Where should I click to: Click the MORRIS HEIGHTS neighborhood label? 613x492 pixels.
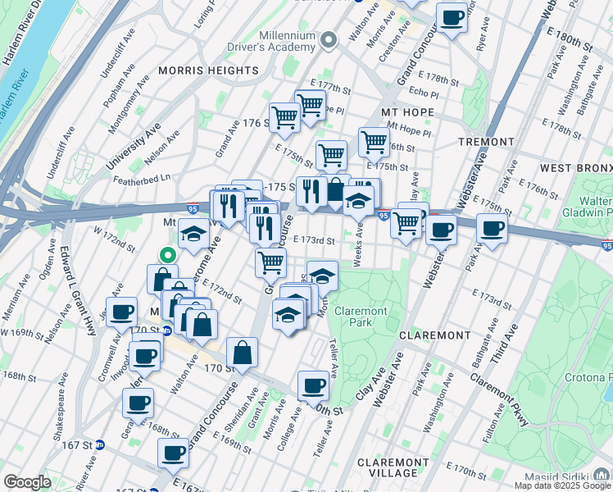[208, 71]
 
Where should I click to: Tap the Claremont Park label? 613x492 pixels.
[361, 317]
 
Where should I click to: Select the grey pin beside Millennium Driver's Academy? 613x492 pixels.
[329, 39]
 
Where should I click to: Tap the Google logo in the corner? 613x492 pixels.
[27, 483]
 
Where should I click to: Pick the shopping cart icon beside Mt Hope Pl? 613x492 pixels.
[374, 141]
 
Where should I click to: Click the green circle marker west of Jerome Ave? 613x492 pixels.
[166, 254]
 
